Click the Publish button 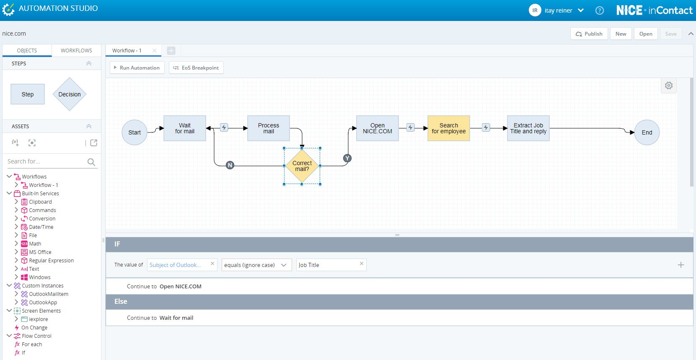[x=589, y=34]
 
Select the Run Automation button [x=137, y=68]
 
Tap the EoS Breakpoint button [x=196, y=68]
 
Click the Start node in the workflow [x=134, y=132]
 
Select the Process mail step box [x=269, y=128]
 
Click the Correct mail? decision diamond [x=302, y=166]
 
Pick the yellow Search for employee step [x=449, y=128]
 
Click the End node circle [x=647, y=132]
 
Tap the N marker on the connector [x=230, y=165]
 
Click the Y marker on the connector [x=347, y=158]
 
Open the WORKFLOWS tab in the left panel [x=76, y=50]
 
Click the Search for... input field [x=47, y=161]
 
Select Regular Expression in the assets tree [x=51, y=261]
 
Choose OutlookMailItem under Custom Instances [x=49, y=294]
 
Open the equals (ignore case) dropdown [x=256, y=265]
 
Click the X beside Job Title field [x=361, y=264]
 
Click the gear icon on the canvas [x=669, y=85]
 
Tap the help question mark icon [x=599, y=10]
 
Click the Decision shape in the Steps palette [x=69, y=94]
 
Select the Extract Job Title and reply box [x=528, y=128]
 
